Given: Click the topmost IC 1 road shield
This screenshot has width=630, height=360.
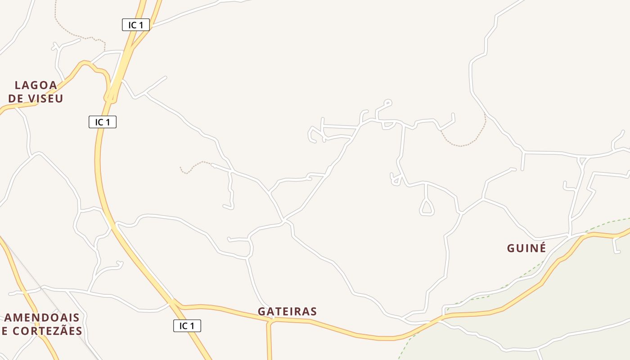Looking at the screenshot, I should point(135,25).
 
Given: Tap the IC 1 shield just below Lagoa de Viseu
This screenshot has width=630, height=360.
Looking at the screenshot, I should point(103,121).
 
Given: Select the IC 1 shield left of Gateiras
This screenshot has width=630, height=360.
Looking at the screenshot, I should point(187,326).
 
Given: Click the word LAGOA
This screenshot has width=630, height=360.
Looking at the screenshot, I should point(36,85).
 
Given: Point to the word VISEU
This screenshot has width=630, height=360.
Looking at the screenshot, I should point(48,99).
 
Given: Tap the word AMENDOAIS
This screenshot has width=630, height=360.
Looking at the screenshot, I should point(42,318).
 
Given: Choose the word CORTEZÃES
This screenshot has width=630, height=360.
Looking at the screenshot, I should point(48,331).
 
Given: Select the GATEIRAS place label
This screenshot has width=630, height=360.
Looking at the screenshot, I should point(287,311).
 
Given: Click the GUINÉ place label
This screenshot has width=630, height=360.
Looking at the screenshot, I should point(526,248).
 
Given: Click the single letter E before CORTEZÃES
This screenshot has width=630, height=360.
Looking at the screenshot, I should point(4,331).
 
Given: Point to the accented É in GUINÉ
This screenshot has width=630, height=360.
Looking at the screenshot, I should point(542,247).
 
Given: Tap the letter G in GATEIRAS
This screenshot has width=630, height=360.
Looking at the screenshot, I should point(261,311).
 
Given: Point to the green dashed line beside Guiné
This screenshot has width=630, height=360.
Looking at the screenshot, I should point(535,265).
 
